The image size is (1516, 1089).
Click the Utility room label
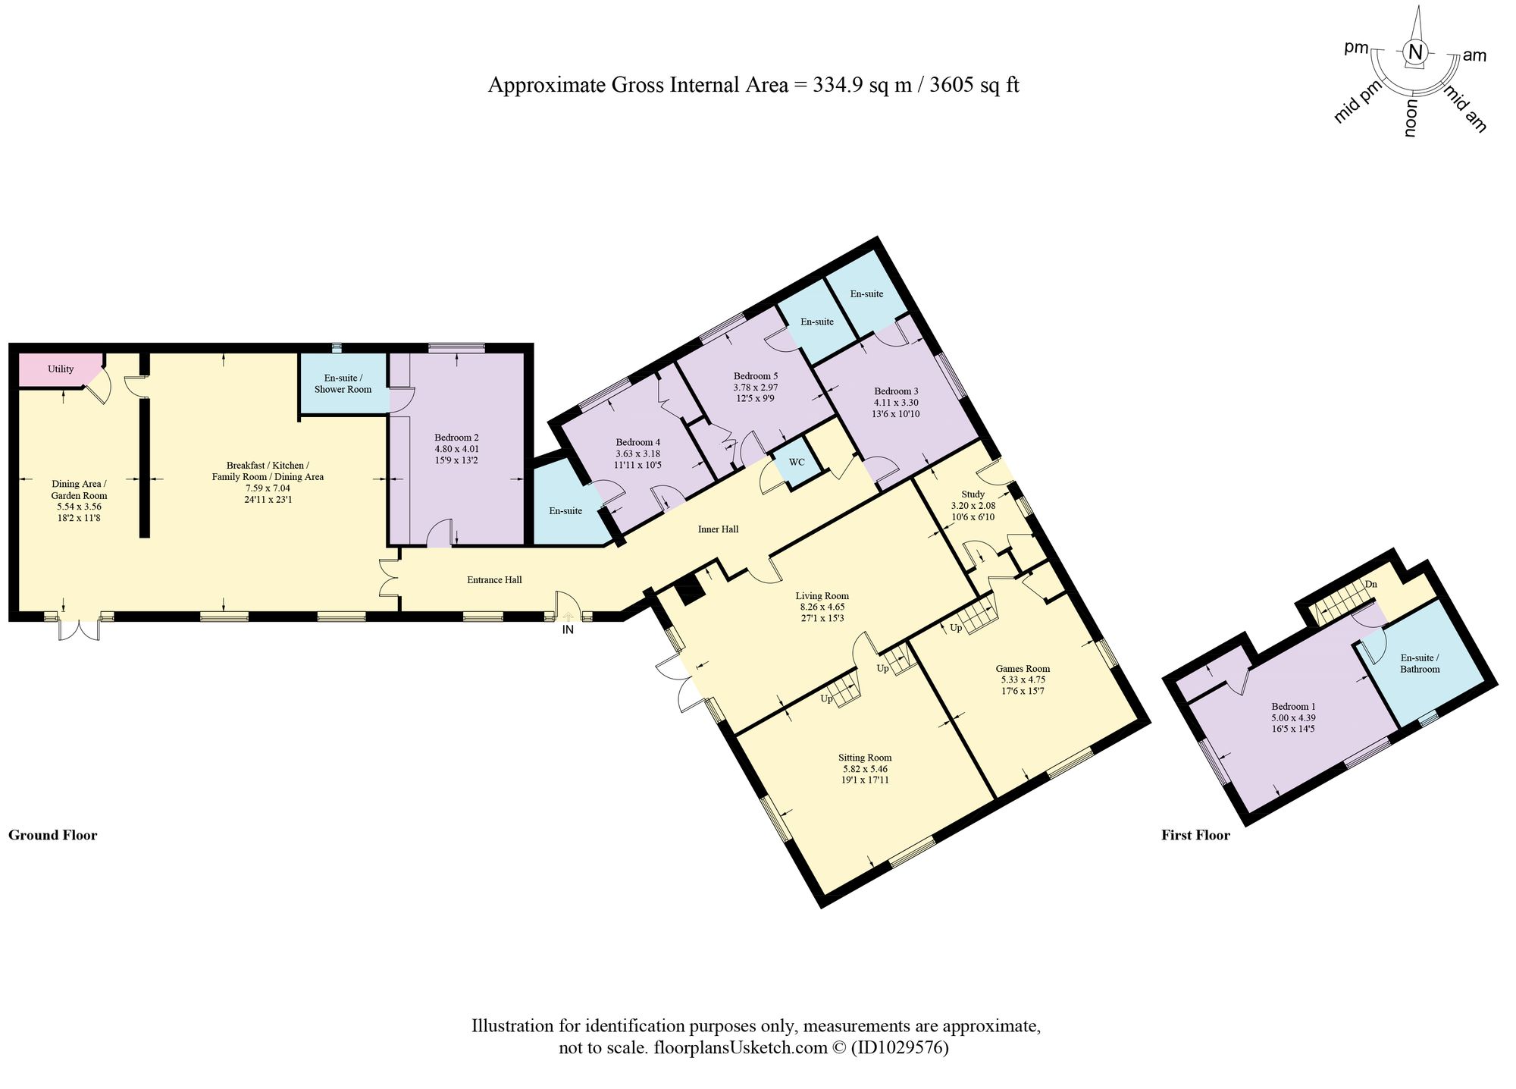pyautogui.click(x=61, y=369)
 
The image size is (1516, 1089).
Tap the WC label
pyautogui.click(x=797, y=462)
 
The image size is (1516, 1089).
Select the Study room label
pyautogui.click(x=973, y=494)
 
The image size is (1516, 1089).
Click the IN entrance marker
pyautogui.click(x=568, y=629)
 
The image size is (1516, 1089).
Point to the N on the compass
pyautogui.click(x=1415, y=52)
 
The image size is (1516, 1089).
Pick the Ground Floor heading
pyautogui.click(x=53, y=835)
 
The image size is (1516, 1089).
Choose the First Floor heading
pyautogui.click(x=1195, y=835)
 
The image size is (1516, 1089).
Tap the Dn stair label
pyautogui.click(x=1370, y=584)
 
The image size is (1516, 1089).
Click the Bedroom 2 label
pyautogui.click(x=456, y=438)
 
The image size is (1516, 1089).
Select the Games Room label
pyautogui.click(x=1023, y=669)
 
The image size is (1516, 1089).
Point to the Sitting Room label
pyautogui.click(x=865, y=758)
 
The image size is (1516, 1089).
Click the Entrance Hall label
pyautogui.click(x=494, y=580)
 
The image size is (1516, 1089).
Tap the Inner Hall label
pyautogui.click(x=718, y=529)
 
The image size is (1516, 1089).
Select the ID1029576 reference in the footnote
pyautogui.click(x=899, y=1048)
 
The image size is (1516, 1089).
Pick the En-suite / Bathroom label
pyautogui.click(x=1420, y=664)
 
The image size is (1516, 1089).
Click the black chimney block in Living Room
pyautogui.click(x=688, y=589)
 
